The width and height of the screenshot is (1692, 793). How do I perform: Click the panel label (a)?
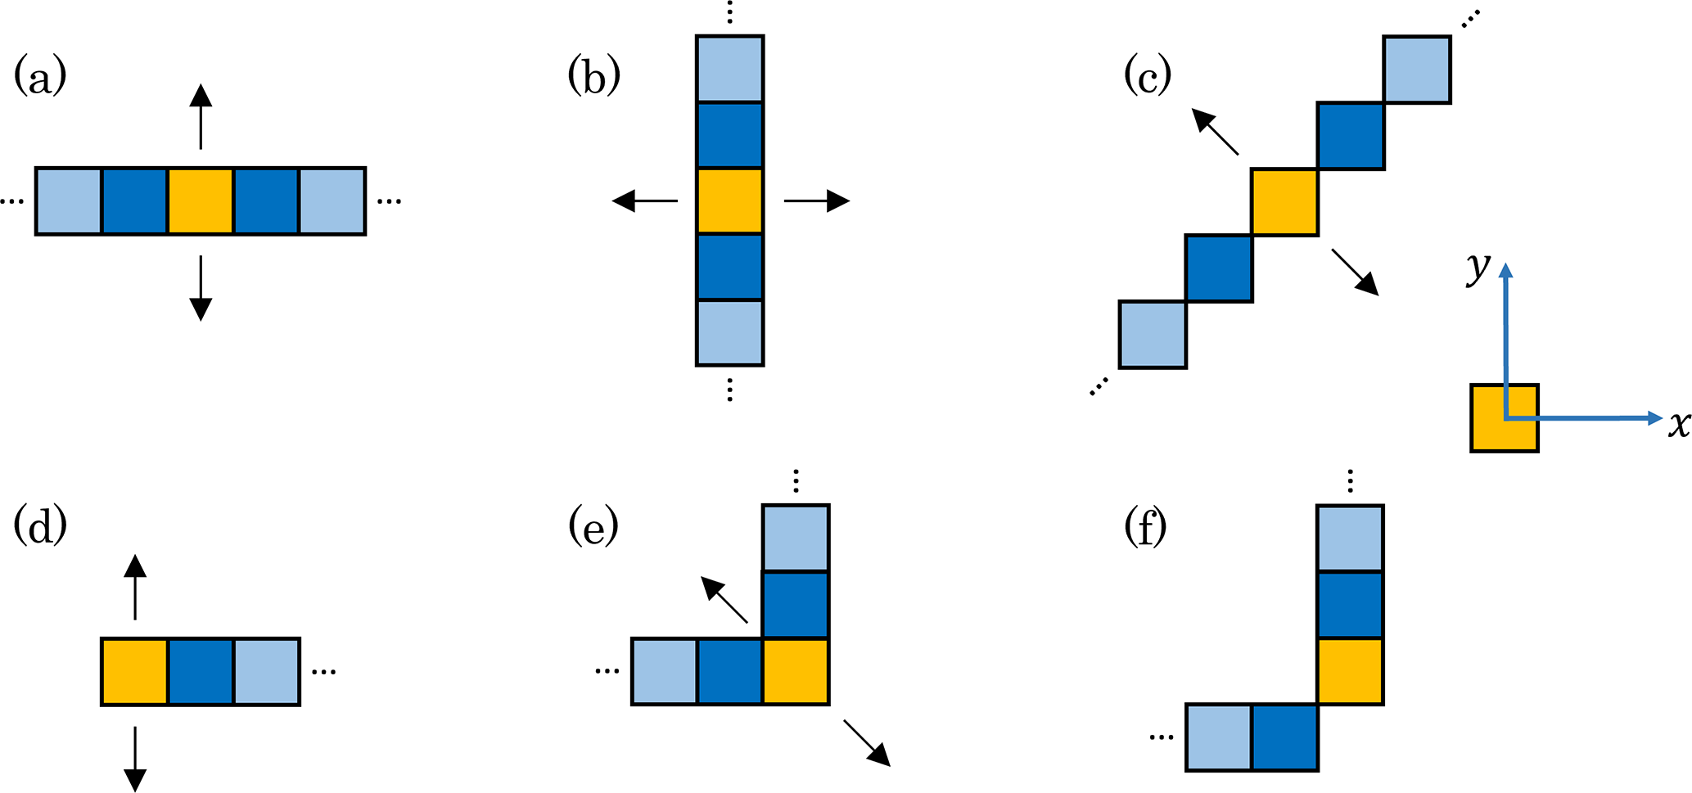point(40,79)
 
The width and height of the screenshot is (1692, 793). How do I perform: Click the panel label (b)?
point(593,79)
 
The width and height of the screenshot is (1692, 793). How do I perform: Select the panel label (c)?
point(1148,77)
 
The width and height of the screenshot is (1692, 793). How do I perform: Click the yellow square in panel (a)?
point(201,201)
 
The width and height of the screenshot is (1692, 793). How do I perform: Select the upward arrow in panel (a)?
point(201,116)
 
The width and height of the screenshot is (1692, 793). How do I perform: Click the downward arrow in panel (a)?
point(201,288)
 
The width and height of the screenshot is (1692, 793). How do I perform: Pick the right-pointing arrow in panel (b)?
point(817,201)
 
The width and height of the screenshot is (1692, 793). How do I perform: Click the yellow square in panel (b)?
point(729,201)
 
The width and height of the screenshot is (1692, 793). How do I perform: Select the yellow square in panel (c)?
point(1284,202)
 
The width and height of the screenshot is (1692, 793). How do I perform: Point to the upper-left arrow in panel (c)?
point(1215,132)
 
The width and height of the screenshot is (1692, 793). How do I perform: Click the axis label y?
point(1478,268)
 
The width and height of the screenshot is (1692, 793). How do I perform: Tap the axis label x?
point(1679,424)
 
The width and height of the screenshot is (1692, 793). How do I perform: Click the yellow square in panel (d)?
point(135,671)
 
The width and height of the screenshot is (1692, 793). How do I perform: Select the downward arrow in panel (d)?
point(135,759)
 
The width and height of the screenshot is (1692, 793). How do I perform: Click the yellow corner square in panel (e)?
point(796,671)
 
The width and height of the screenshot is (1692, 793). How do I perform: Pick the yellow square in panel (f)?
point(1350,671)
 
